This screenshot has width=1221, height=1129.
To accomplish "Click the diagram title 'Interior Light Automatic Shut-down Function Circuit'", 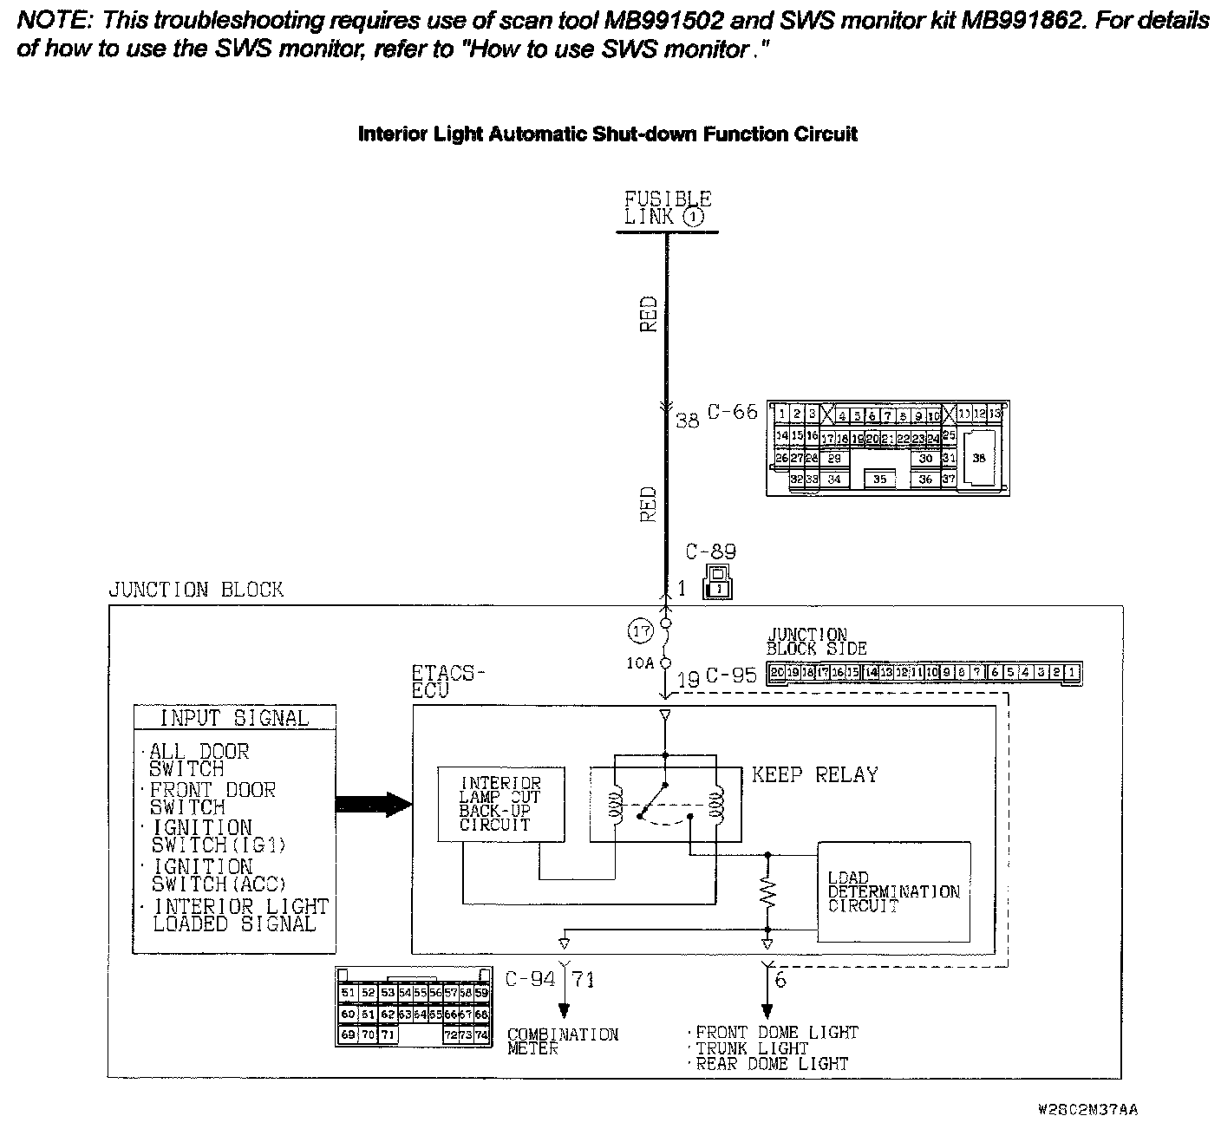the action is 607,134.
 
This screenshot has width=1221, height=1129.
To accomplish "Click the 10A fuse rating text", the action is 641,663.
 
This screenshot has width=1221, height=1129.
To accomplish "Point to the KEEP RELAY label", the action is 814,774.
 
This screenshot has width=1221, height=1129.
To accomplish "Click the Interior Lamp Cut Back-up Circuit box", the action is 500,804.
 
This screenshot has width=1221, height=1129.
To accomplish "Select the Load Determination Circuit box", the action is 893,891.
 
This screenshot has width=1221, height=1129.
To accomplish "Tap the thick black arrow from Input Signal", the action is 374,805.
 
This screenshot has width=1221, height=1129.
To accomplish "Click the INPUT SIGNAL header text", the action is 234,718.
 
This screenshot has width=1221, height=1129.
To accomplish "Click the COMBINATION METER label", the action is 562,1041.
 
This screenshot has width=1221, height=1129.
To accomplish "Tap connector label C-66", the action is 732,412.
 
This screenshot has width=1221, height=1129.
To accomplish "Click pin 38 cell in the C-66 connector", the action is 979,459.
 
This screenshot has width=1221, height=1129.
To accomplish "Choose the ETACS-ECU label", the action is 447,682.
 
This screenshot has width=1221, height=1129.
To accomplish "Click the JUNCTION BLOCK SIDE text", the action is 816,642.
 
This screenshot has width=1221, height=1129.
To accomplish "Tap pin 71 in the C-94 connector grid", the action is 388,1034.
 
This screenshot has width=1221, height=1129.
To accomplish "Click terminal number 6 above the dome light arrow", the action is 780,980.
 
